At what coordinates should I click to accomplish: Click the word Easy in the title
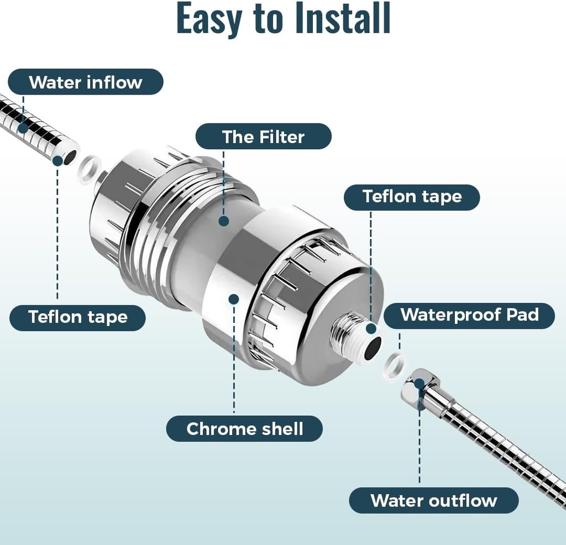point(209,19)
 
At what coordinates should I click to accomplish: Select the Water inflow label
point(86,82)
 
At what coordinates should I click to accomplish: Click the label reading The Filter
point(263,137)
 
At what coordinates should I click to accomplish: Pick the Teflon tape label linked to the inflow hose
point(78,317)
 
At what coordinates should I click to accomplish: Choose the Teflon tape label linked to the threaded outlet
point(412,197)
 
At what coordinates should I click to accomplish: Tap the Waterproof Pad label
point(469,315)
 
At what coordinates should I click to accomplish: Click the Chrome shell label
point(244,429)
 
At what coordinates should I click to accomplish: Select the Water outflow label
point(434,501)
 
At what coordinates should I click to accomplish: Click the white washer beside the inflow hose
point(90,170)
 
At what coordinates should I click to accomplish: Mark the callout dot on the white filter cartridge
point(223,221)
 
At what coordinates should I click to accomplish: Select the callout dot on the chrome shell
point(233,299)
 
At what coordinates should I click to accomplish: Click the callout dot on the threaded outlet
point(370,329)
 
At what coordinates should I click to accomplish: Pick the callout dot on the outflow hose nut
point(419,382)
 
